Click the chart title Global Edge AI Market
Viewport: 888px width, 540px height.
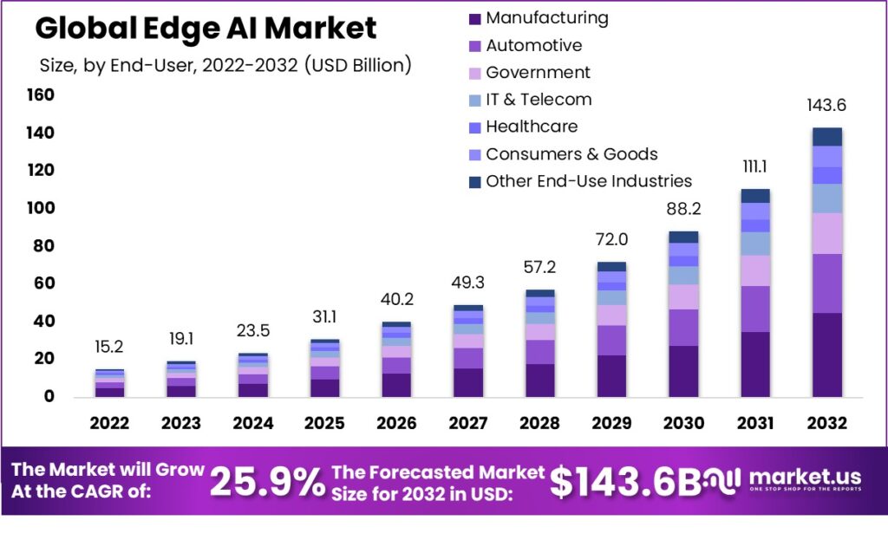(206, 29)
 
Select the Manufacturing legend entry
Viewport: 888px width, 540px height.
(546, 18)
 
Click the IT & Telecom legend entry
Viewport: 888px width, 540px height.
(539, 100)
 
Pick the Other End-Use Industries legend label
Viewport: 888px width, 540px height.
(589, 181)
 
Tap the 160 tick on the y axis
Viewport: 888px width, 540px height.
(40, 94)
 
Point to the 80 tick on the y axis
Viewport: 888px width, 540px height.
(44, 246)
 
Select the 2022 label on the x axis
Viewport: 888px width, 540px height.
(109, 424)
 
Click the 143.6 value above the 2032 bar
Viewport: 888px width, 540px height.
(826, 106)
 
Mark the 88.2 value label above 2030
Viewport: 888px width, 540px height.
(683, 210)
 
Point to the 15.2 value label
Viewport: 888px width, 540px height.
(109, 347)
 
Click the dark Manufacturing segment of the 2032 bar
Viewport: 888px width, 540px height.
(827, 355)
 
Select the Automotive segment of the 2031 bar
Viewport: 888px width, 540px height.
(755, 309)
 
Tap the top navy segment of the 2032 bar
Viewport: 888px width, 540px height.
(827, 137)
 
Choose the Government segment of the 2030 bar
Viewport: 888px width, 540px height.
(683, 296)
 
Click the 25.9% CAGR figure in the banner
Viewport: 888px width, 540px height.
(267, 482)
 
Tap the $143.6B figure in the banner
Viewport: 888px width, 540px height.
(617, 483)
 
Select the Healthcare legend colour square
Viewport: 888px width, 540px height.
(473, 127)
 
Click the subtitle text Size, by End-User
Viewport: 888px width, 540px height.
(130, 65)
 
